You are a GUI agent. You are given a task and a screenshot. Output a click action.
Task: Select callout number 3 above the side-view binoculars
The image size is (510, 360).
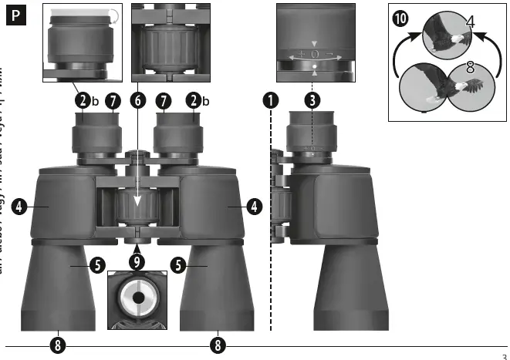coord(312,99)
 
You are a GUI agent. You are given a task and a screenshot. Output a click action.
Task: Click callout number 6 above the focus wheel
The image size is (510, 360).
coord(138,99)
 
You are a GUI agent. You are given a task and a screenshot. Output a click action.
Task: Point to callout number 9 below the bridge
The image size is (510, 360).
coord(137,261)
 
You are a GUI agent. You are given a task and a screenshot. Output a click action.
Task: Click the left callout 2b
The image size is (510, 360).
coord(83,99)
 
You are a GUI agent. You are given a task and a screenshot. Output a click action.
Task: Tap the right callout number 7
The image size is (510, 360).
coord(163,99)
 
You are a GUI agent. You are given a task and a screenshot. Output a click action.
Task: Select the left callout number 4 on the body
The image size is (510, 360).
coord(19,206)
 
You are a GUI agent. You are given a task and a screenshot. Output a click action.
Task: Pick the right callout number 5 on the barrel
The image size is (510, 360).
coord(179,265)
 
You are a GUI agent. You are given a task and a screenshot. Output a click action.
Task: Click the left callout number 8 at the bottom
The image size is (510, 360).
coord(57,343)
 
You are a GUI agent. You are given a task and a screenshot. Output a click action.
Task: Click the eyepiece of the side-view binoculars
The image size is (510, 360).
coord(312,131)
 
